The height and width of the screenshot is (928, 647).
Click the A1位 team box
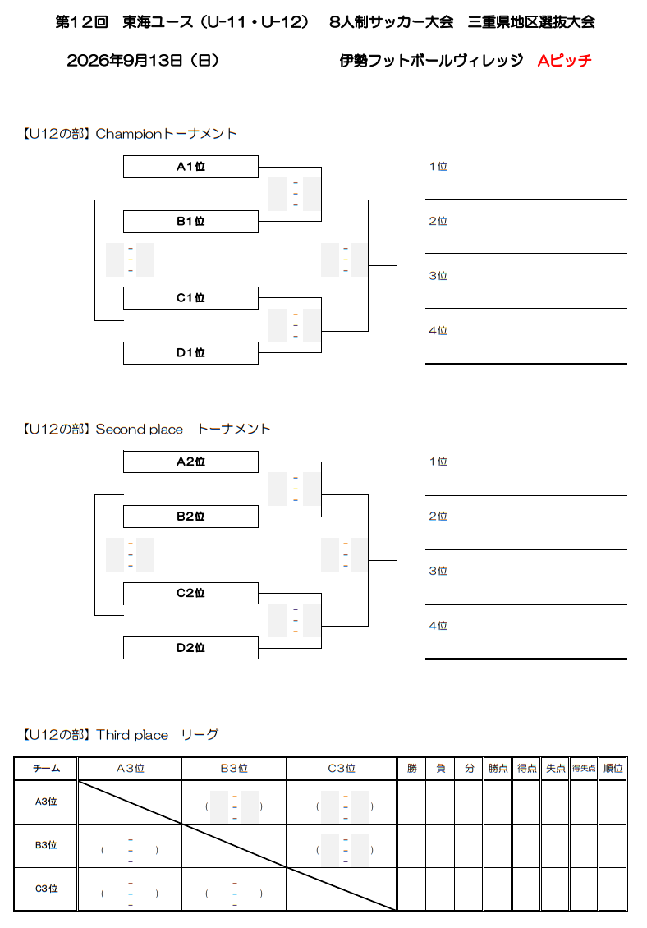pyautogui.click(x=190, y=167)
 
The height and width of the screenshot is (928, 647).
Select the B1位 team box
pyautogui.click(x=190, y=222)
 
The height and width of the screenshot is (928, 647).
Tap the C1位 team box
pyautogui.click(x=190, y=297)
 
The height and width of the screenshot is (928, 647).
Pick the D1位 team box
pyautogui.click(x=190, y=353)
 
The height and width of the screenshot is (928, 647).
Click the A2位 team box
pyautogui.click(x=190, y=462)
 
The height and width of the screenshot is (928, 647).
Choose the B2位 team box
pyautogui.click(x=190, y=516)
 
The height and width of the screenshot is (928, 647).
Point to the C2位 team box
pyautogui.click(x=190, y=593)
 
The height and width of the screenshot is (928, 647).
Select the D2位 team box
pyautogui.click(x=190, y=647)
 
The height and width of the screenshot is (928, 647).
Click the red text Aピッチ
pyautogui.click(x=564, y=61)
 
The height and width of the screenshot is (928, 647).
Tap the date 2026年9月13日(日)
pyautogui.click(x=143, y=61)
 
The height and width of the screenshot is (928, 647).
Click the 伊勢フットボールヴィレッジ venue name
pyautogui.click(x=432, y=61)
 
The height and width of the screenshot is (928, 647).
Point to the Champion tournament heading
pyautogui.click(x=130, y=134)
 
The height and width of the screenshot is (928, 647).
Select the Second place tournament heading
pyautogui.click(x=146, y=429)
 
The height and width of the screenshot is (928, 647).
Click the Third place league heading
pyautogui.click(x=121, y=735)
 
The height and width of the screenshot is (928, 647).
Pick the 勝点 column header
pyautogui.click(x=498, y=768)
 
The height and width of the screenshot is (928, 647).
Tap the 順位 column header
pyautogui.click(x=613, y=768)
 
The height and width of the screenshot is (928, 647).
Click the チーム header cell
pyautogui.click(x=46, y=768)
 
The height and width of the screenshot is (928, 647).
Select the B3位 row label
pyautogui.click(x=46, y=845)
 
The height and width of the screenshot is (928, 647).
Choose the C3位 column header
pyautogui.click(x=342, y=768)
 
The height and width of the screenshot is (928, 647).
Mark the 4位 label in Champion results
pyautogui.click(x=438, y=331)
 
